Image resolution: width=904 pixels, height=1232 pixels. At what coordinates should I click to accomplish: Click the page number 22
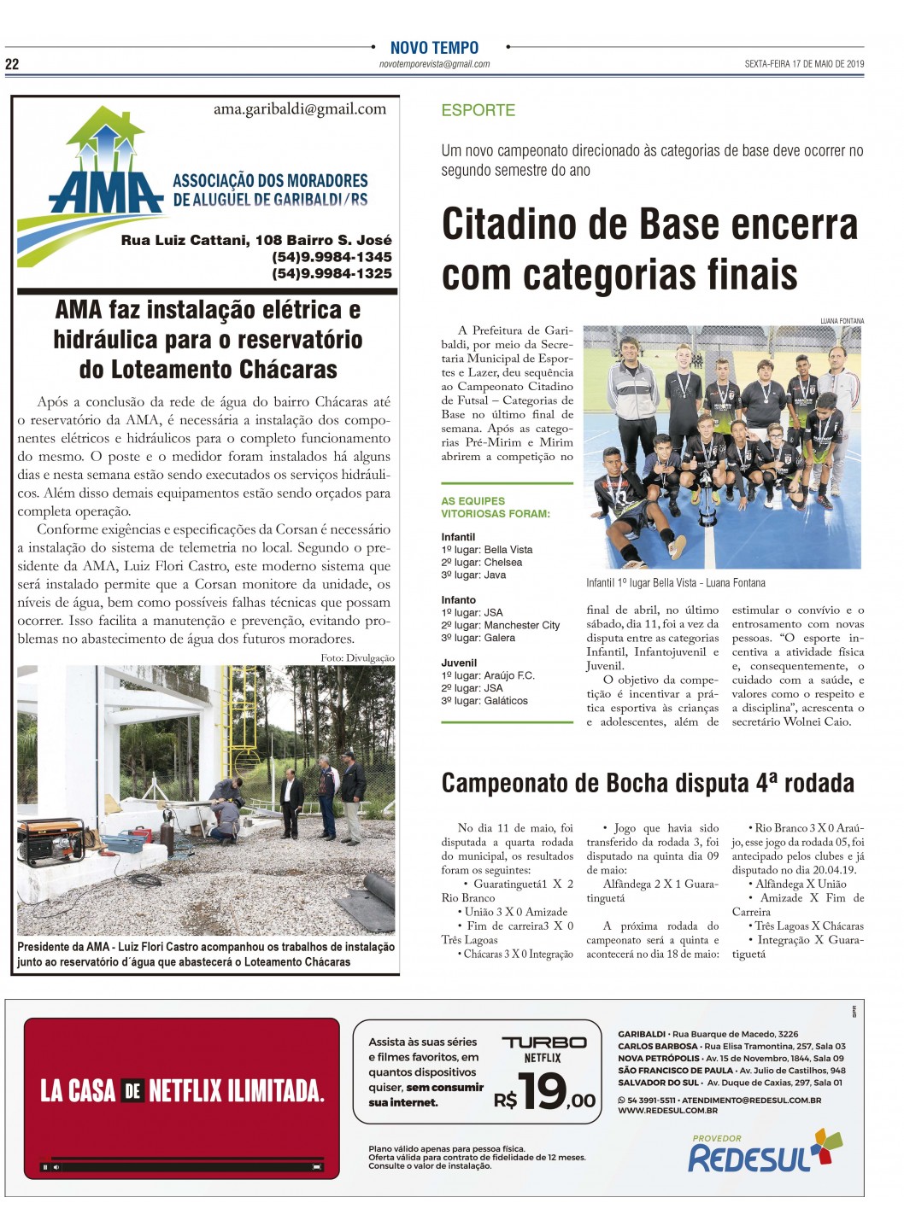click(x=12, y=64)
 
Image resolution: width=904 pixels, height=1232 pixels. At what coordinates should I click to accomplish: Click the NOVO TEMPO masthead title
click(x=434, y=49)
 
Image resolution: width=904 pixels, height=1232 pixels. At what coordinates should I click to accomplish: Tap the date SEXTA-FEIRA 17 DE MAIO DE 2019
click(x=804, y=64)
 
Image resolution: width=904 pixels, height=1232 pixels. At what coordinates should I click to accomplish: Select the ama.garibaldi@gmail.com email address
click(x=299, y=109)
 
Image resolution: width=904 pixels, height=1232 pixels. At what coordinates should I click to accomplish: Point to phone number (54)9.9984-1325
click(x=332, y=273)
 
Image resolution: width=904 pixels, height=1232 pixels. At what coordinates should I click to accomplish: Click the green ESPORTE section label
click(x=478, y=110)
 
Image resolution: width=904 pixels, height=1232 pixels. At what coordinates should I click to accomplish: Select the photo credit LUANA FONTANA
click(x=842, y=321)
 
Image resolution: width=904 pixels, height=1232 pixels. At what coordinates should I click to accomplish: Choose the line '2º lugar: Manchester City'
click(x=500, y=625)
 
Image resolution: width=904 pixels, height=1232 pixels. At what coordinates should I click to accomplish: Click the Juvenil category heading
click(x=459, y=663)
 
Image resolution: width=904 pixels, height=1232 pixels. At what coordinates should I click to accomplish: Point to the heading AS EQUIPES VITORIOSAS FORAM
click(x=495, y=507)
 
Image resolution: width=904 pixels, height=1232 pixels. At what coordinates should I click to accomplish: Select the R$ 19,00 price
click(x=544, y=1091)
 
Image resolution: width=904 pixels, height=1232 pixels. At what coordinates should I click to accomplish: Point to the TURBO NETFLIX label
click(x=543, y=1049)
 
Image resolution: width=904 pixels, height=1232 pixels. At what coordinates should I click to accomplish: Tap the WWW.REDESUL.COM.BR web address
click(x=667, y=1111)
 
